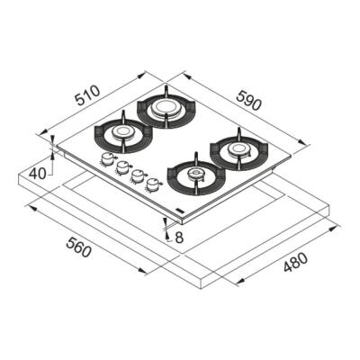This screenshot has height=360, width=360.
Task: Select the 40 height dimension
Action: pos(37,173)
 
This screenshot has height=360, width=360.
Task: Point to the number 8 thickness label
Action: pos(180,237)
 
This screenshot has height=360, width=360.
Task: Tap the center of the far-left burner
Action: pos(124,135)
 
